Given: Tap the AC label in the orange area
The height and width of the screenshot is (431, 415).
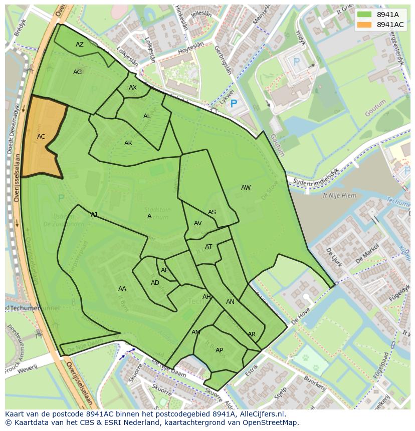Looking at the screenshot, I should click(x=41, y=137).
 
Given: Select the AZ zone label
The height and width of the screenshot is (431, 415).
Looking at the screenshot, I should click(x=80, y=45).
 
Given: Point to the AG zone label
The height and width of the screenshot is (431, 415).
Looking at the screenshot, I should click(x=77, y=72).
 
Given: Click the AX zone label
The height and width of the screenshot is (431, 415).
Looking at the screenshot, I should click(x=133, y=88).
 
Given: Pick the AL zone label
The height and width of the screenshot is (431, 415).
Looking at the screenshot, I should click(x=147, y=116).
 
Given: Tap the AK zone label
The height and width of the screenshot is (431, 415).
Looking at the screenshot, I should click(x=128, y=143).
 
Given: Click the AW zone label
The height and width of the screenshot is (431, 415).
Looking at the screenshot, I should click(x=246, y=188).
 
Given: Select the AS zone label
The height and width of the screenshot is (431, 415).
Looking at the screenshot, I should click(x=212, y=212).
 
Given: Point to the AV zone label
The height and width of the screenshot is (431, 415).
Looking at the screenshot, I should click(x=198, y=223).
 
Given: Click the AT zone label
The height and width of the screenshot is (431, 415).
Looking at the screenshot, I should click(x=209, y=247).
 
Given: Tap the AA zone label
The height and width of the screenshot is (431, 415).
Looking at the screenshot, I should click(x=122, y=289).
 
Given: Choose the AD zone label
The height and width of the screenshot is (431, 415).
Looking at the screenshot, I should click(x=155, y=283).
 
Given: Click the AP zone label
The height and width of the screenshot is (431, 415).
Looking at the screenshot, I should click(x=219, y=350).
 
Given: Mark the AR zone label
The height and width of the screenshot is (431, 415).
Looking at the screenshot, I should click(x=252, y=334).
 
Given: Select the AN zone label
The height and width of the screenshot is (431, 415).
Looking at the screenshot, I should click(x=230, y=302).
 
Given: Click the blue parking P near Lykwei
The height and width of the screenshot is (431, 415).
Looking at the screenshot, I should click(x=233, y=105).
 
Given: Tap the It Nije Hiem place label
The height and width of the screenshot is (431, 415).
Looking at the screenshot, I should click(x=339, y=196).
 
